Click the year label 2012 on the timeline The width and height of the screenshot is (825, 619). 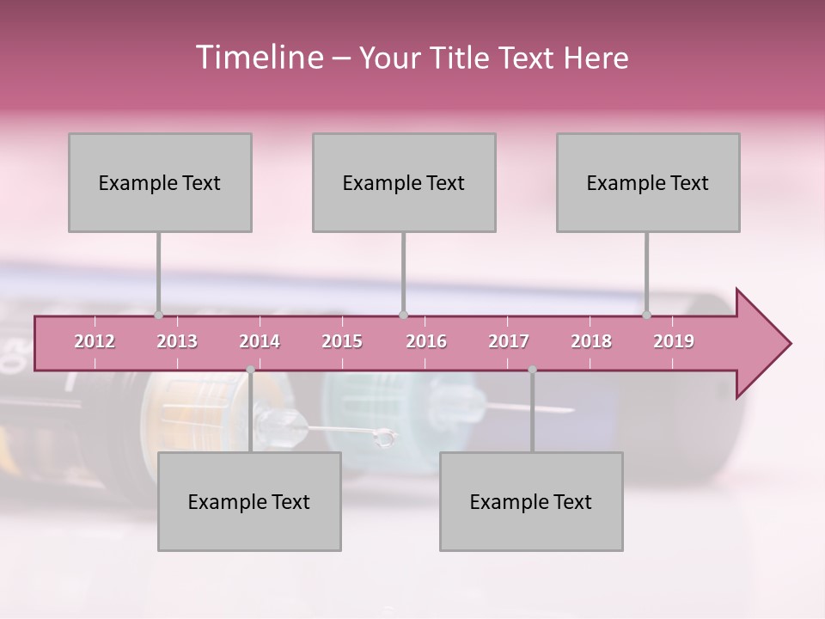point(95,341)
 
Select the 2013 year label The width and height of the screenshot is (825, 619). point(177,341)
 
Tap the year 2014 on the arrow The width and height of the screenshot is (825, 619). point(260,341)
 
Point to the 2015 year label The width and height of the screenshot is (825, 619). point(342,341)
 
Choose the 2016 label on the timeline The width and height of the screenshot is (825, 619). point(426,341)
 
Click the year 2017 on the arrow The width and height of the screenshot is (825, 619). point(509,341)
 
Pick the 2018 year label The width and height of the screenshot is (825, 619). point(591,341)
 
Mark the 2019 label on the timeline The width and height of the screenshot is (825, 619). point(674,341)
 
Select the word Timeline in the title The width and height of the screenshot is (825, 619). point(258,58)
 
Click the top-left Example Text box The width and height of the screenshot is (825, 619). point(160,182)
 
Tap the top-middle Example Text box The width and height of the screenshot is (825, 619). point(404,182)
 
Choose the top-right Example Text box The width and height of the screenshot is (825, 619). point(648,182)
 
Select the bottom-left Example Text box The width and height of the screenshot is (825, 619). point(249,501)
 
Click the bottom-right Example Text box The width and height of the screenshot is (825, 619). point(531,501)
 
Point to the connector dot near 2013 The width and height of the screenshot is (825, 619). point(158,316)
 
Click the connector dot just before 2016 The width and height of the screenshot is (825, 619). point(403,316)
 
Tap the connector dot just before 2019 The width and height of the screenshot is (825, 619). point(647,316)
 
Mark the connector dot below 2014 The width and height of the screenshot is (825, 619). point(250,370)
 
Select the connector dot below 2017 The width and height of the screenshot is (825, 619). point(532,370)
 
